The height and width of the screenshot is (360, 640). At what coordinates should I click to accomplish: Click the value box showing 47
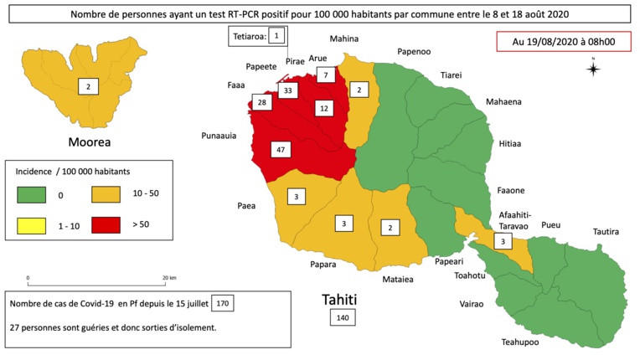(281, 150)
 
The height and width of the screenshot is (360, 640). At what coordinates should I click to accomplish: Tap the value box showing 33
(288, 90)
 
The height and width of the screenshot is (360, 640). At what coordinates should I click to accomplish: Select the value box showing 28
(262, 103)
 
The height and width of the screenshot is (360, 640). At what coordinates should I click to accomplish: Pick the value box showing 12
(323, 107)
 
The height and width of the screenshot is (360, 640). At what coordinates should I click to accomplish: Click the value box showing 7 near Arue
(326, 75)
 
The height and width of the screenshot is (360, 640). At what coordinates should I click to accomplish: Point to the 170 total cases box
(223, 302)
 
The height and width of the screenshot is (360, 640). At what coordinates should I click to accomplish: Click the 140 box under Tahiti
(342, 318)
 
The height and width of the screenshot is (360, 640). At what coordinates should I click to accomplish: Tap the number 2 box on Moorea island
(86, 85)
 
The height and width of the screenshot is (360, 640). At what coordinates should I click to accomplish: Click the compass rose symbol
(593, 69)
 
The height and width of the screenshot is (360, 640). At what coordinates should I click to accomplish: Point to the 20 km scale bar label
(168, 277)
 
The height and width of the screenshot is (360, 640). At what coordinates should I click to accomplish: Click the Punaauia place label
(221, 135)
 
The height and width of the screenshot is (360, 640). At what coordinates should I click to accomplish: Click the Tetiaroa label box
(259, 36)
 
